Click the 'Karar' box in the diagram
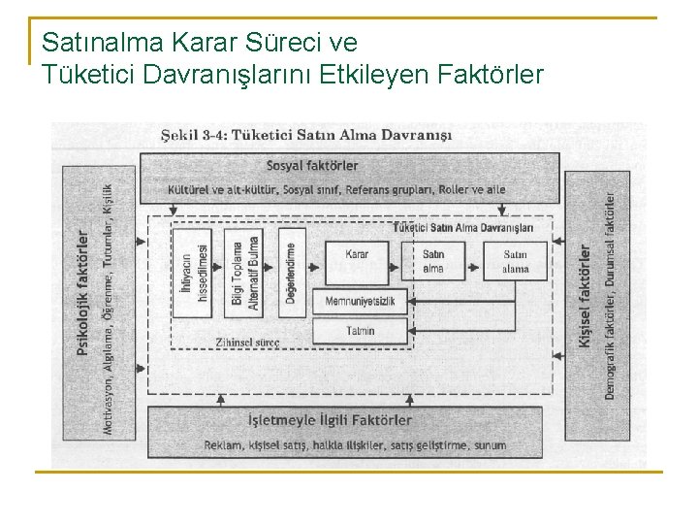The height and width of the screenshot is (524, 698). tap(357, 261)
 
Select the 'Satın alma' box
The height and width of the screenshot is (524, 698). tap(433, 261)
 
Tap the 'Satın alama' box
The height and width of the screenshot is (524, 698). tap(515, 261)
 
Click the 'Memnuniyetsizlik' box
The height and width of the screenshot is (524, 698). tap(360, 302)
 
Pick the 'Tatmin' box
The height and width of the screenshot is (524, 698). tap(360, 331)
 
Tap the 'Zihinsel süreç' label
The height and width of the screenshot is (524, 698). tap(249, 343)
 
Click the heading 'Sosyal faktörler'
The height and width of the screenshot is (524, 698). tap(312, 166)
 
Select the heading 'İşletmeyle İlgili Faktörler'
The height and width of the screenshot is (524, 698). tap(330, 420)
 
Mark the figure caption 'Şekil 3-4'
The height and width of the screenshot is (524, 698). tap(188, 135)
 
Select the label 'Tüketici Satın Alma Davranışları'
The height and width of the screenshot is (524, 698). tap(463, 228)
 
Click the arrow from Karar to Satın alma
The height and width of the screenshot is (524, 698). tap(403, 261)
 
